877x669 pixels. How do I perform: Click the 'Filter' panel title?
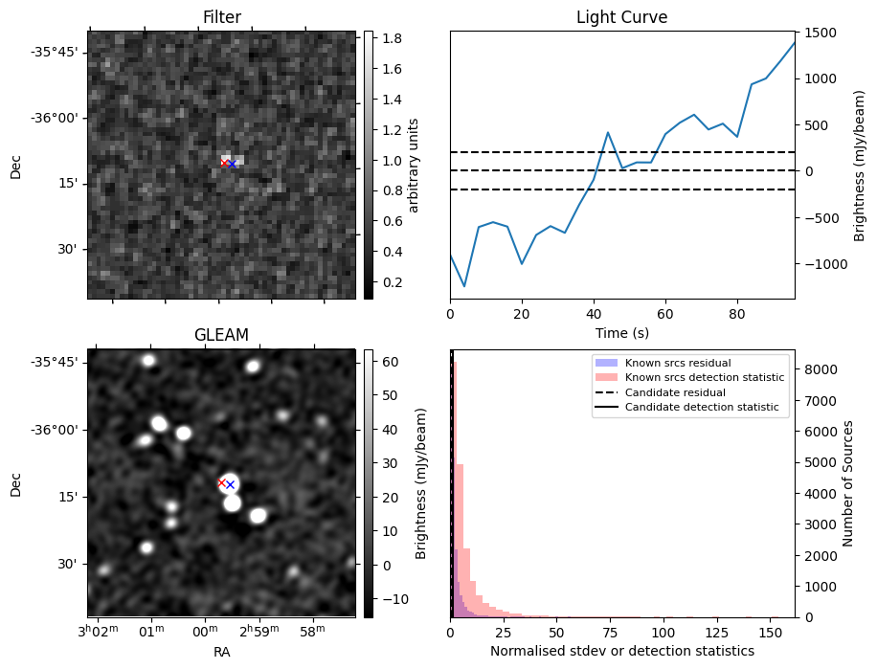221,17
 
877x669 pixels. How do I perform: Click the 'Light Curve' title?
621,17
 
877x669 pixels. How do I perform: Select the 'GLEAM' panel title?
221,335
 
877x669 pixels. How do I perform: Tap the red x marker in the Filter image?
225,164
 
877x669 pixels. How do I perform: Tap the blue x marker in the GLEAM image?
230,485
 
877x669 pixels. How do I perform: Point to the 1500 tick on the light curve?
821,33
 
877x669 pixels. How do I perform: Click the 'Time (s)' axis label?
621,331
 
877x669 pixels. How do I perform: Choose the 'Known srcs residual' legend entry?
678,364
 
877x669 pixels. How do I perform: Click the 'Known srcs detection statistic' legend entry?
704,378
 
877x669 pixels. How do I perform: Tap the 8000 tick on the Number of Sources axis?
823,369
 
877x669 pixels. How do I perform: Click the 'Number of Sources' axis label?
849,483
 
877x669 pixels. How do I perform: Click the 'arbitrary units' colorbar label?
414,165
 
